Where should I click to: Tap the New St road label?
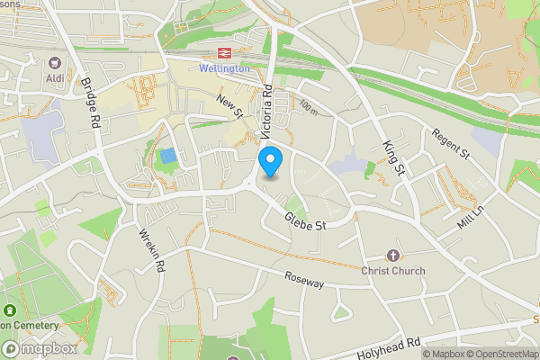click(230, 106)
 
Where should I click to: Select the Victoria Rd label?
click(267, 112)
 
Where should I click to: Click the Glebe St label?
click(304, 221)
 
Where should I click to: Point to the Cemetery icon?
click(9, 310)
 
